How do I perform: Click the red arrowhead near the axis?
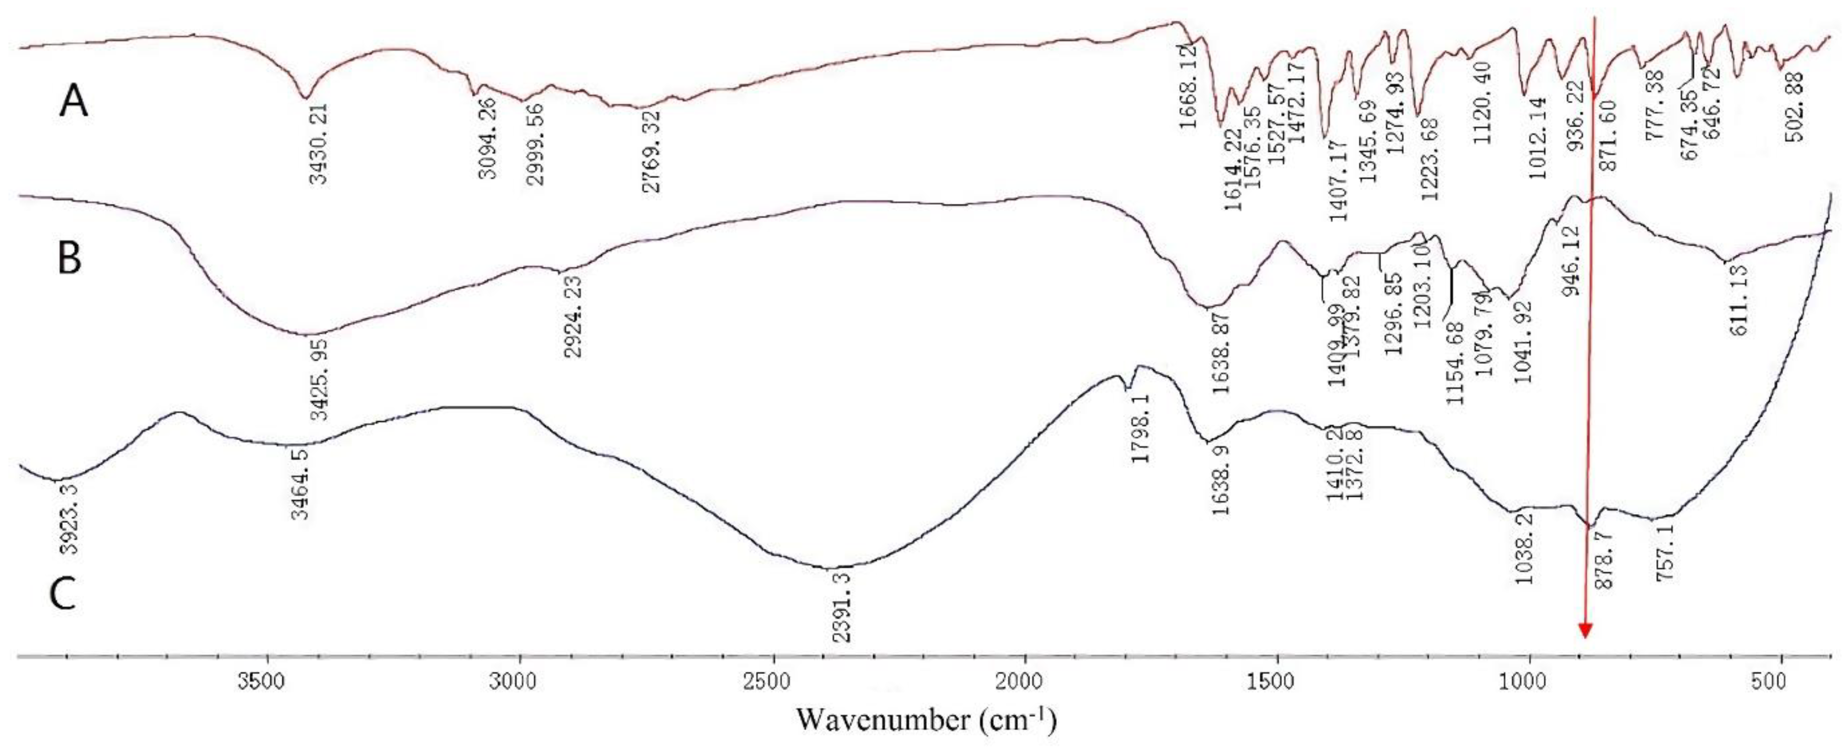pyautogui.click(x=1585, y=630)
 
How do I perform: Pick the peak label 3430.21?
pyautogui.click(x=319, y=143)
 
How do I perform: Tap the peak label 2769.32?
pyautogui.click(x=652, y=151)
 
